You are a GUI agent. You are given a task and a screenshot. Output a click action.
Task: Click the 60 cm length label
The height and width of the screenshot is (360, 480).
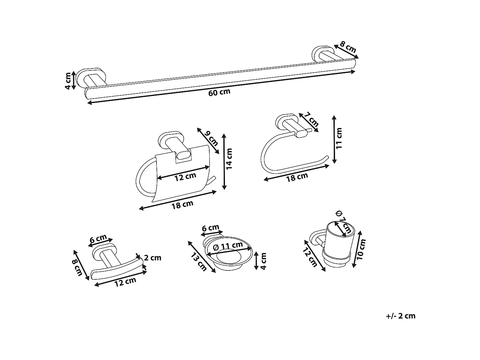tap(219, 92)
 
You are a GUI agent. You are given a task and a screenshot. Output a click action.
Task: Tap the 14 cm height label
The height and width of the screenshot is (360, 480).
tap(229, 158)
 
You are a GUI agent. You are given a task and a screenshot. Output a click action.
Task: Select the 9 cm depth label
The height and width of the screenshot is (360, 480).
tap(212, 137)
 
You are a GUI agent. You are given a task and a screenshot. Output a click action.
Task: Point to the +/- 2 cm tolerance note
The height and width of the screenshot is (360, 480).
tap(401, 316)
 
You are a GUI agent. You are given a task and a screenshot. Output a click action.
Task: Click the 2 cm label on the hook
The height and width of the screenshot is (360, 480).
tap(153, 258)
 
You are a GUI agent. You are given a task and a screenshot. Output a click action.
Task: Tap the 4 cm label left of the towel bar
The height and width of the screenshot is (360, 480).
tap(68, 81)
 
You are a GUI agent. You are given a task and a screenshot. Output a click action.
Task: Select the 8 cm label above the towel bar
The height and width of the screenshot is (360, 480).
tap(348, 47)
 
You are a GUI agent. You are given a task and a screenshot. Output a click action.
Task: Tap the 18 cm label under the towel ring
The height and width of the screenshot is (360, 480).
tap(297, 177)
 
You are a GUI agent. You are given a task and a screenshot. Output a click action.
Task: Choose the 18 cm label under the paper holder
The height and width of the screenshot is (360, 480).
tap(182, 204)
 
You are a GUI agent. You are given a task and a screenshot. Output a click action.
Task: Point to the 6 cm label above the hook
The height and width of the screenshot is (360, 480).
tap(98, 238)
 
